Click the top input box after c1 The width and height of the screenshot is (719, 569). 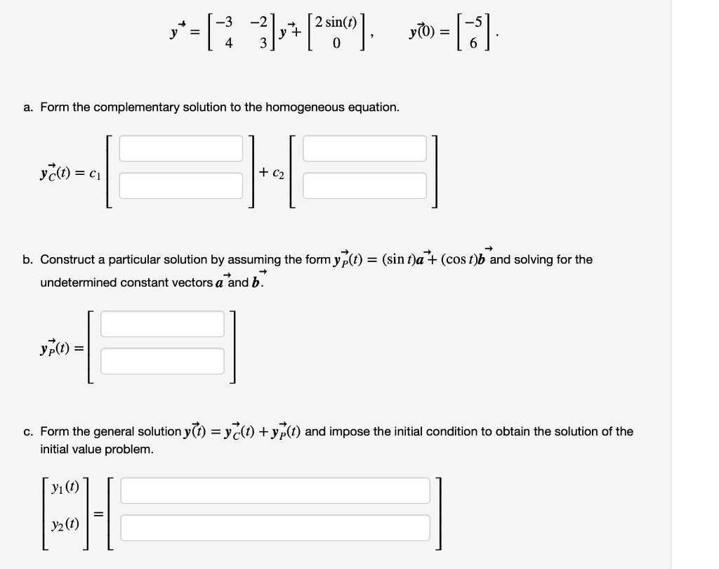180,148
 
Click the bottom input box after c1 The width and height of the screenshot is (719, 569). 180,185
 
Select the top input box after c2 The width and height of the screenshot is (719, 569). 364,148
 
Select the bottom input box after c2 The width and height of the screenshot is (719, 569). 364,185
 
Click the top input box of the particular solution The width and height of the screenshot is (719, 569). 162,324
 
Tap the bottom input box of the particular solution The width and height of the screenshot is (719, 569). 162,361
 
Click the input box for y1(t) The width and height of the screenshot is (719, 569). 275,490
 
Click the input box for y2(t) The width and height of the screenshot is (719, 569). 275,528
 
